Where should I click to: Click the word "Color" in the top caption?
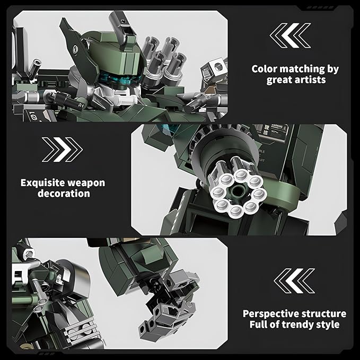click(x=265, y=69)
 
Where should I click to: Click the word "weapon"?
click(x=87, y=183)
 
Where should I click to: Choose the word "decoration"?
click(x=63, y=194)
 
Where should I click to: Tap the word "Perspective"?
click(x=273, y=314)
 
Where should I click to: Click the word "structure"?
click(x=325, y=314)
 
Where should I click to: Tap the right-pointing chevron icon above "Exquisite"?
click(x=63, y=149)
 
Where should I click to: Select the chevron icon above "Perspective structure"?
click(x=295, y=280)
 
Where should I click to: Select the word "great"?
click(x=279, y=80)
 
